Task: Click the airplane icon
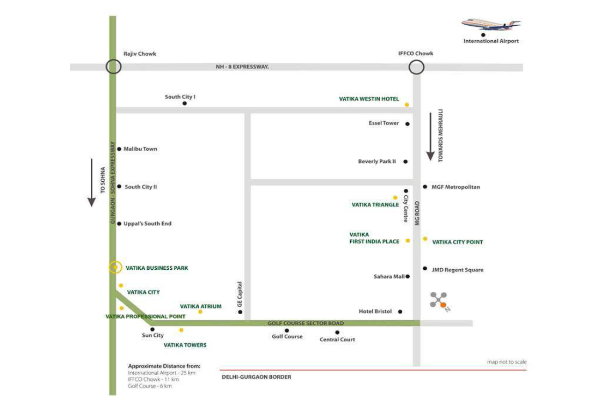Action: click(490, 24)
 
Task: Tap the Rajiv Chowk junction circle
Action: click(113, 67)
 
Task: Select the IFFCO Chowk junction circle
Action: click(416, 67)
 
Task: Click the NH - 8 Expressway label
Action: click(240, 67)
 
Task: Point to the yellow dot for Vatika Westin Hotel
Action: click(407, 105)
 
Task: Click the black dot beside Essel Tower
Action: click(407, 124)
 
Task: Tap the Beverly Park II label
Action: click(377, 161)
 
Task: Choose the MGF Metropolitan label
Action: click(455, 187)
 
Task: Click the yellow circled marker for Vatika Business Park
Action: click(114, 267)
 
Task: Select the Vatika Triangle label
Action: click(375, 204)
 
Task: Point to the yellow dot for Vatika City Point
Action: click(425, 239)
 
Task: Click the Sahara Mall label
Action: click(389, 277)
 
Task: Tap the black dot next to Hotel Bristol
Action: click(400, 312)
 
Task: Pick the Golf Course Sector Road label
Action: click(306, 323)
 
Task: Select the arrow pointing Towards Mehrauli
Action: click(430, 136)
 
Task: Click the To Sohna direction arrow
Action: click(91, 182)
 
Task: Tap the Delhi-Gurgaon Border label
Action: click(256, 377)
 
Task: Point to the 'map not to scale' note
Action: click(506, 362)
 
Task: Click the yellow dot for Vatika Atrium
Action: click(200, 312)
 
